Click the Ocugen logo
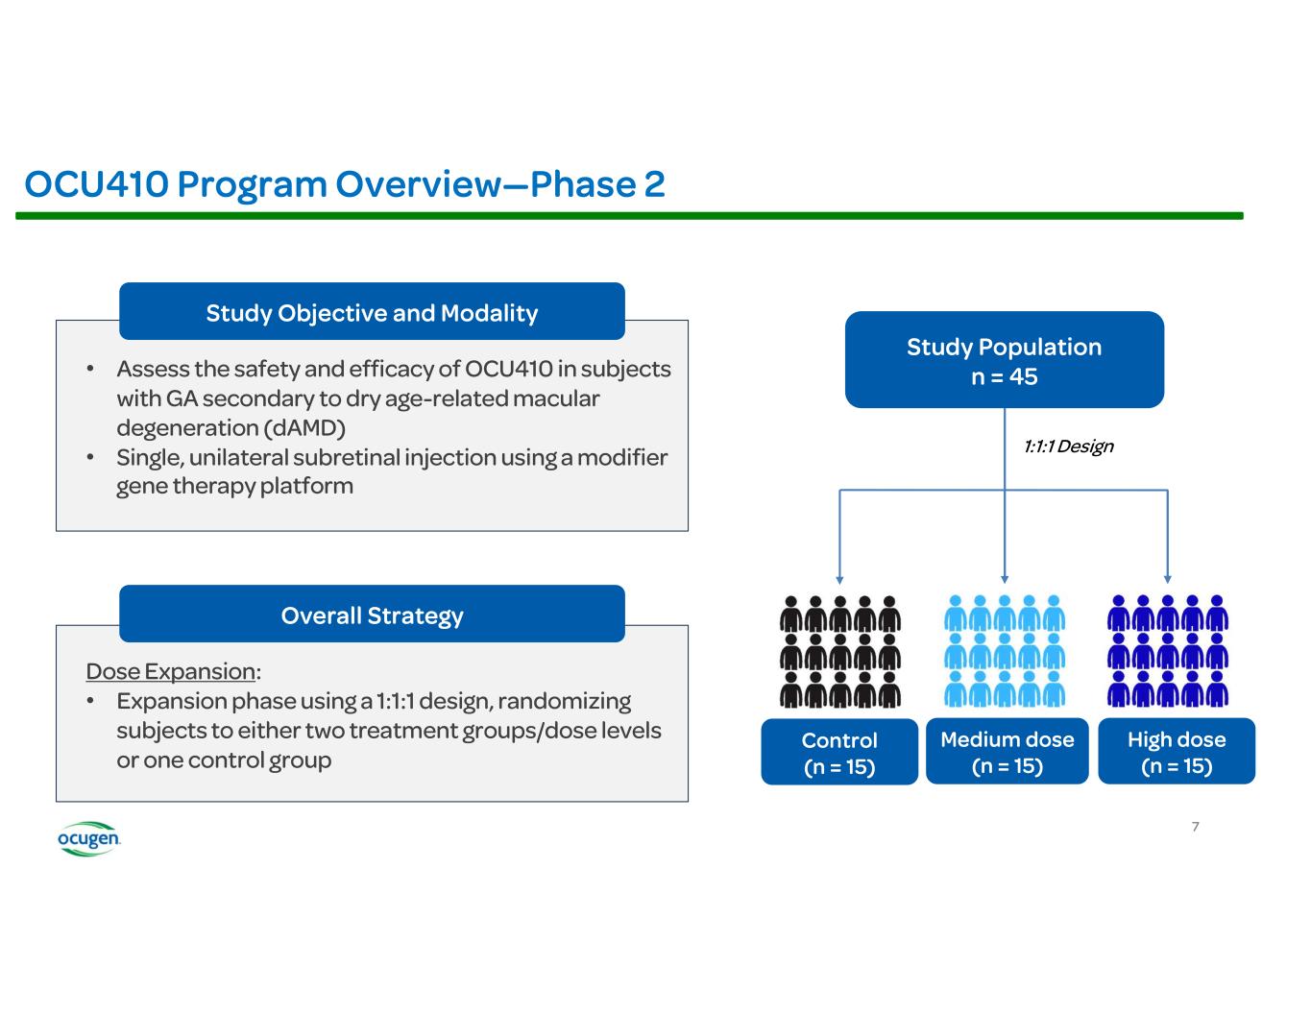click(88, 838)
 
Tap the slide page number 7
click(1195, 827)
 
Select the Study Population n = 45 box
click(1004, 360)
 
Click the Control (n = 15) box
click(839, 753)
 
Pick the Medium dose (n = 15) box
click(1007, 752)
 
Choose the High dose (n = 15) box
click(1176, 752)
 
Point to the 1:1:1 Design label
click(1068, 446)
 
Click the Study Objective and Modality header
click(372, 312)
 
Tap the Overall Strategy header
click(372, 615)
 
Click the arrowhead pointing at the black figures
click(839, 579)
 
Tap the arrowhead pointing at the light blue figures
click(1005, 579)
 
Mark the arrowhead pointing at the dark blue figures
click(1168, 579)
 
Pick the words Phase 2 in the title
click(597, 183)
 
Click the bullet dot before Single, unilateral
click(89, 457)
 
